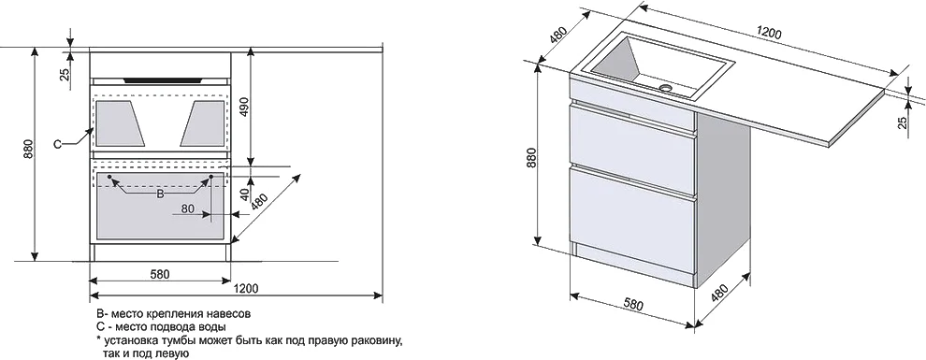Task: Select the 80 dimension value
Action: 187,209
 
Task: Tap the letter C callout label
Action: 58,144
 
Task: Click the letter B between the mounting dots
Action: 160,194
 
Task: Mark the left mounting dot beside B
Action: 110,176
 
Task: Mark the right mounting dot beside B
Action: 211,176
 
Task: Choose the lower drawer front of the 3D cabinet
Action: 632,213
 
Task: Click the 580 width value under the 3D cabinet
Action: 632,306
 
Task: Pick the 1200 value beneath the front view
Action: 246,288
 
